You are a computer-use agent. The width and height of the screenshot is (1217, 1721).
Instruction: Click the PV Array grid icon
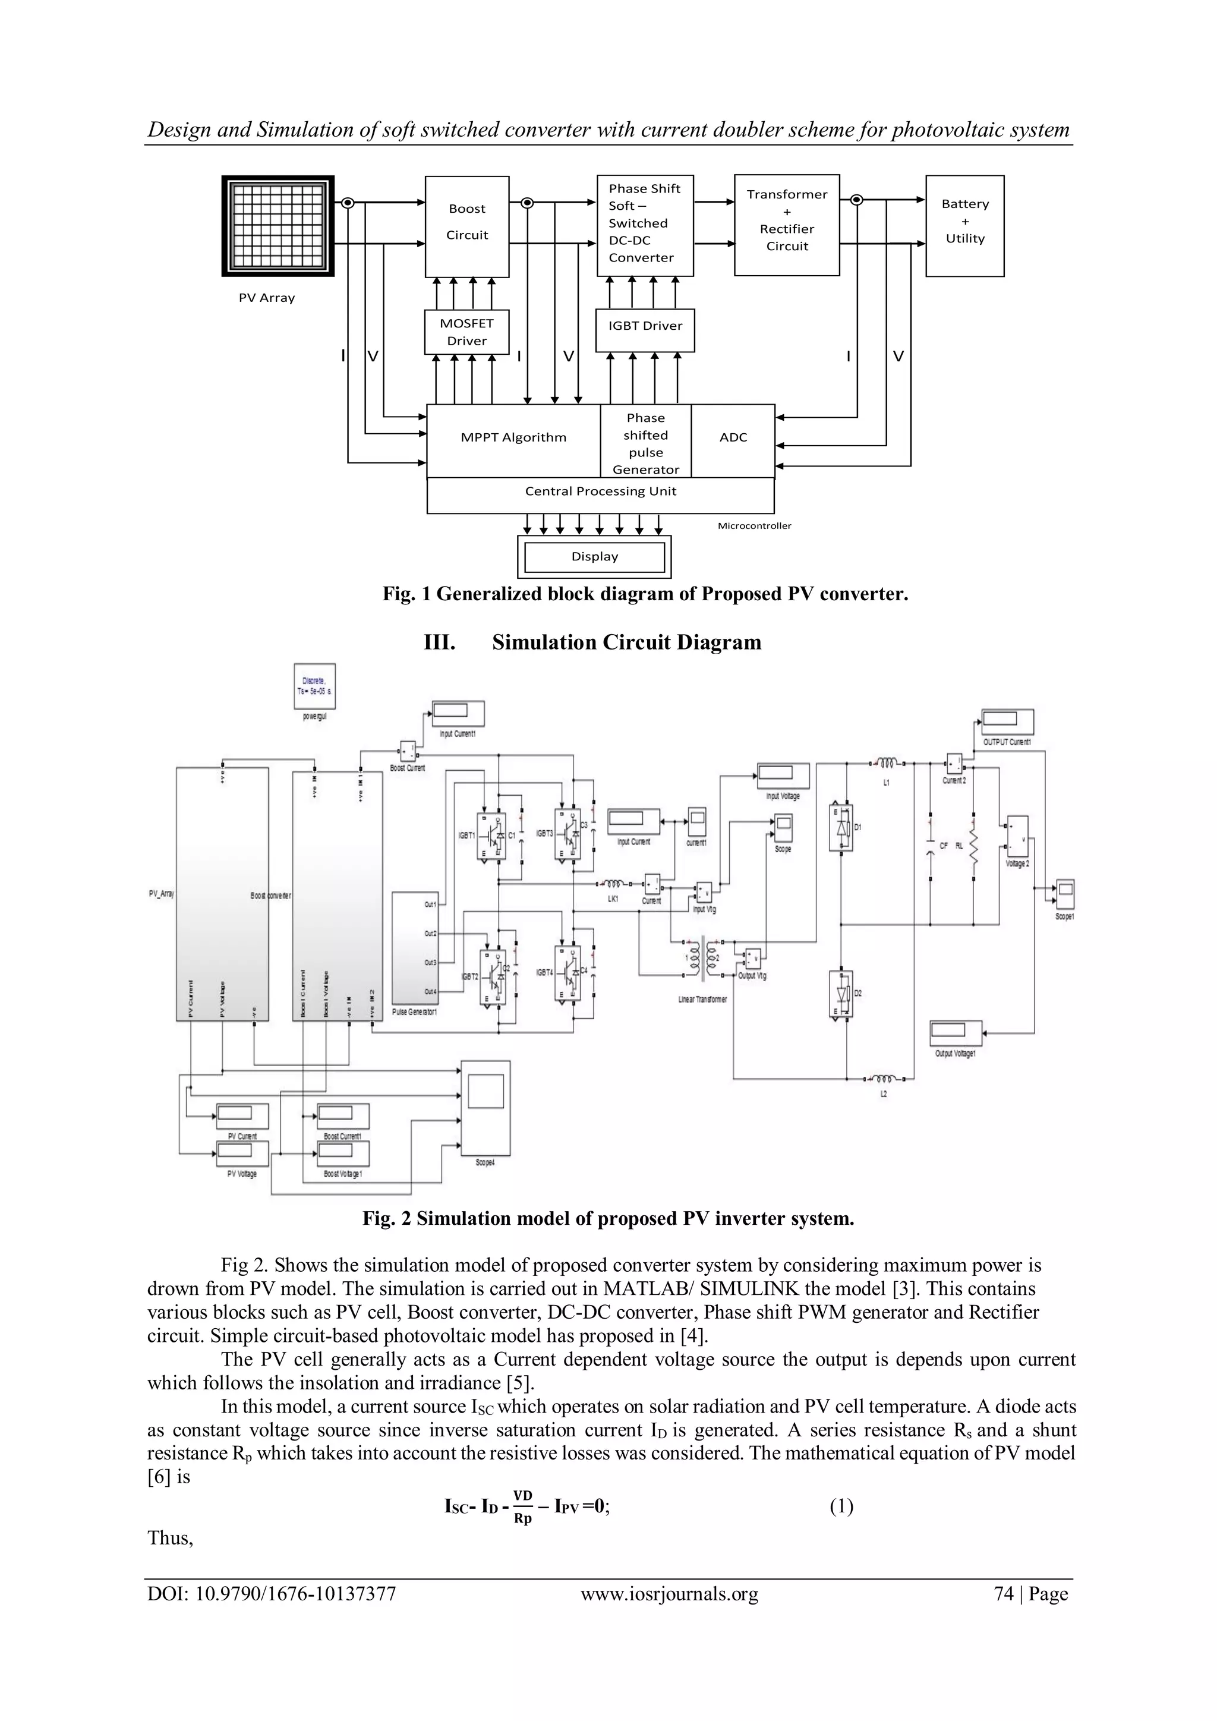click(278, 226)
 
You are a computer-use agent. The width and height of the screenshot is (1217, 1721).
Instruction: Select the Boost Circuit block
click(467, 226)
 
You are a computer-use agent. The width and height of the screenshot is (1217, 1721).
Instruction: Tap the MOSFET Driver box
click(467, 332)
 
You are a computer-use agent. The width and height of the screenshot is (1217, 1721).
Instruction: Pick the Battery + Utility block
click(964, 226)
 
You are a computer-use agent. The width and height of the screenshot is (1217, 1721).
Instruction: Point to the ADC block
click(733, 438)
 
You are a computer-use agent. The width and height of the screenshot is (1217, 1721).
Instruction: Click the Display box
click(594, 557)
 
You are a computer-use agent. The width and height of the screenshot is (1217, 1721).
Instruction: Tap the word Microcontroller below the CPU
click(754, 526)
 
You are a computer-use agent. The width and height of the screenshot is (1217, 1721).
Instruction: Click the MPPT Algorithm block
click(513, 438)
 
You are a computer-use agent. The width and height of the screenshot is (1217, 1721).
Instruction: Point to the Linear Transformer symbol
click(702, 959)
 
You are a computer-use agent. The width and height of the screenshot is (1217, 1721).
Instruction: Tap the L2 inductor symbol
click(884, 1079)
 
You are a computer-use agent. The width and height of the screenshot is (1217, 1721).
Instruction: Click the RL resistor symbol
click(974, 847)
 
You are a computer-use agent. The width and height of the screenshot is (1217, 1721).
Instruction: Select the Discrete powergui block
click(314, 686)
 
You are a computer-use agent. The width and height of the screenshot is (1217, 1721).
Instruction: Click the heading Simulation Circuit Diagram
click(626, 642)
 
